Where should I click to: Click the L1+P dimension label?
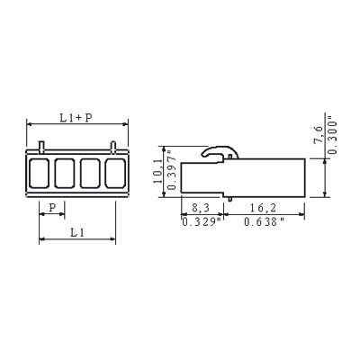[x=76, y=118]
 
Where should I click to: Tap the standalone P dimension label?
[x=52, y=207]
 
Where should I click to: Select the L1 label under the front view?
[x=76, y=232]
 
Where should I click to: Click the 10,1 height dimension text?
[x=157, y=171]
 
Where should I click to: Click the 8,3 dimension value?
[x=201, y=208]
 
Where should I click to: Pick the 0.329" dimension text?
[x=202, y=222]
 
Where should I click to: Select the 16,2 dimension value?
[x=264, y=208]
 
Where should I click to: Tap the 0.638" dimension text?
[x=264, y=222]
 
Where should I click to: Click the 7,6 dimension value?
[x=319, y=135]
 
